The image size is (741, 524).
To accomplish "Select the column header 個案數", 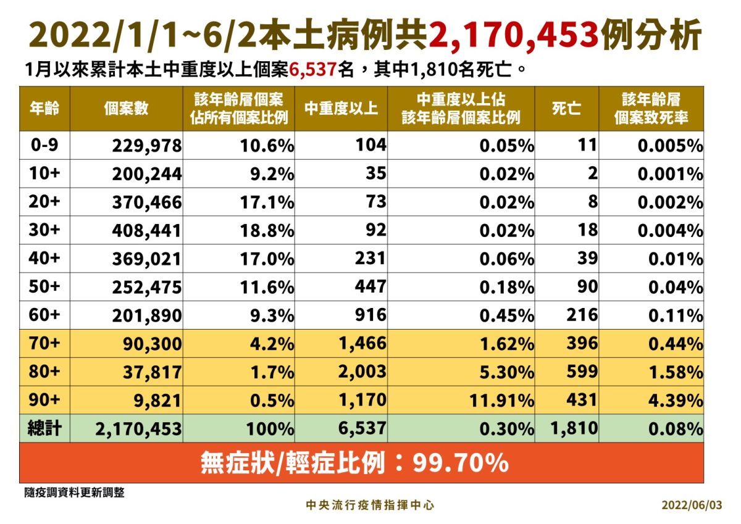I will click(126, 108).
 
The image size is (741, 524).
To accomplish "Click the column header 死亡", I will click(566, 108).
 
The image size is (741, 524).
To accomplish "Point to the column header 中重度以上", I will click(341, 108).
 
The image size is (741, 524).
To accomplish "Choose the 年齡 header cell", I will click(44, 108).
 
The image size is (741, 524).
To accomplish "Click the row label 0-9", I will click(44, 145).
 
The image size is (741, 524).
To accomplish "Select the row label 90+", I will click(44, 400).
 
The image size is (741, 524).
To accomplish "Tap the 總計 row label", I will click(44, 428).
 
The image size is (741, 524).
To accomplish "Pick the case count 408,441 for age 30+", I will click(147, 230).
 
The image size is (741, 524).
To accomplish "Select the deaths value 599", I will click(582, 372).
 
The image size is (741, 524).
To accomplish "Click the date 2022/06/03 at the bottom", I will click(691, 505).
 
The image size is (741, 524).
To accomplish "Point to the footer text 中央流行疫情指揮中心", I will click(371, 505).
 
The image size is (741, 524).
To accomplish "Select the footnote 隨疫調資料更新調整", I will click(75, 493).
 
